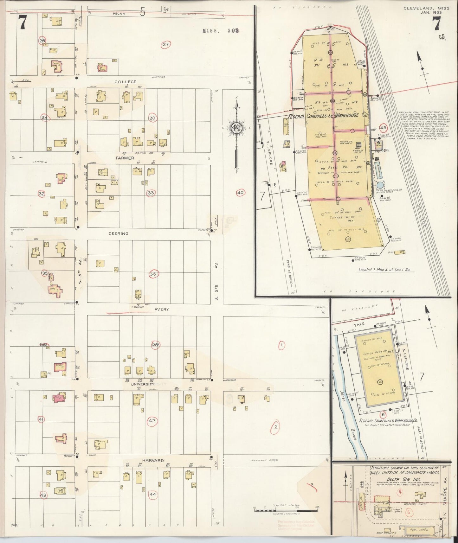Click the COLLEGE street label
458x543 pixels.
(125, 82)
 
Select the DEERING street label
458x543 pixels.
(118, 233)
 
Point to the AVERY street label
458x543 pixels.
(162, 310)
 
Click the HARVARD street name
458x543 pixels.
(153, 461)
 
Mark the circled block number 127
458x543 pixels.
(165, 44)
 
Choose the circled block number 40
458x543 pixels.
(240, 192)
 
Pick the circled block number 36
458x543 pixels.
(153, 274)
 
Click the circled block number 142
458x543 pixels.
(152, 421)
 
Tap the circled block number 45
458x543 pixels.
(383, 128)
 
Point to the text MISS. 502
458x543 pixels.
(221, 31)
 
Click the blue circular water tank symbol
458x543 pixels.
(380, 185)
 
